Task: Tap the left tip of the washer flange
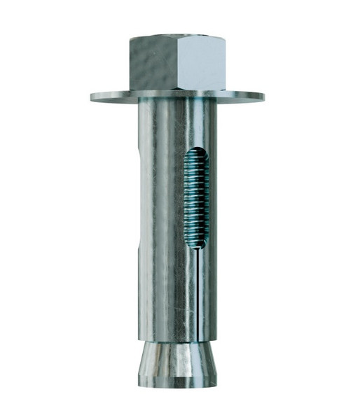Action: point(92,97)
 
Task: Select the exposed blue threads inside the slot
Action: point(196,199)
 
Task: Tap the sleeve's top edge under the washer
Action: point(176,104)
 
